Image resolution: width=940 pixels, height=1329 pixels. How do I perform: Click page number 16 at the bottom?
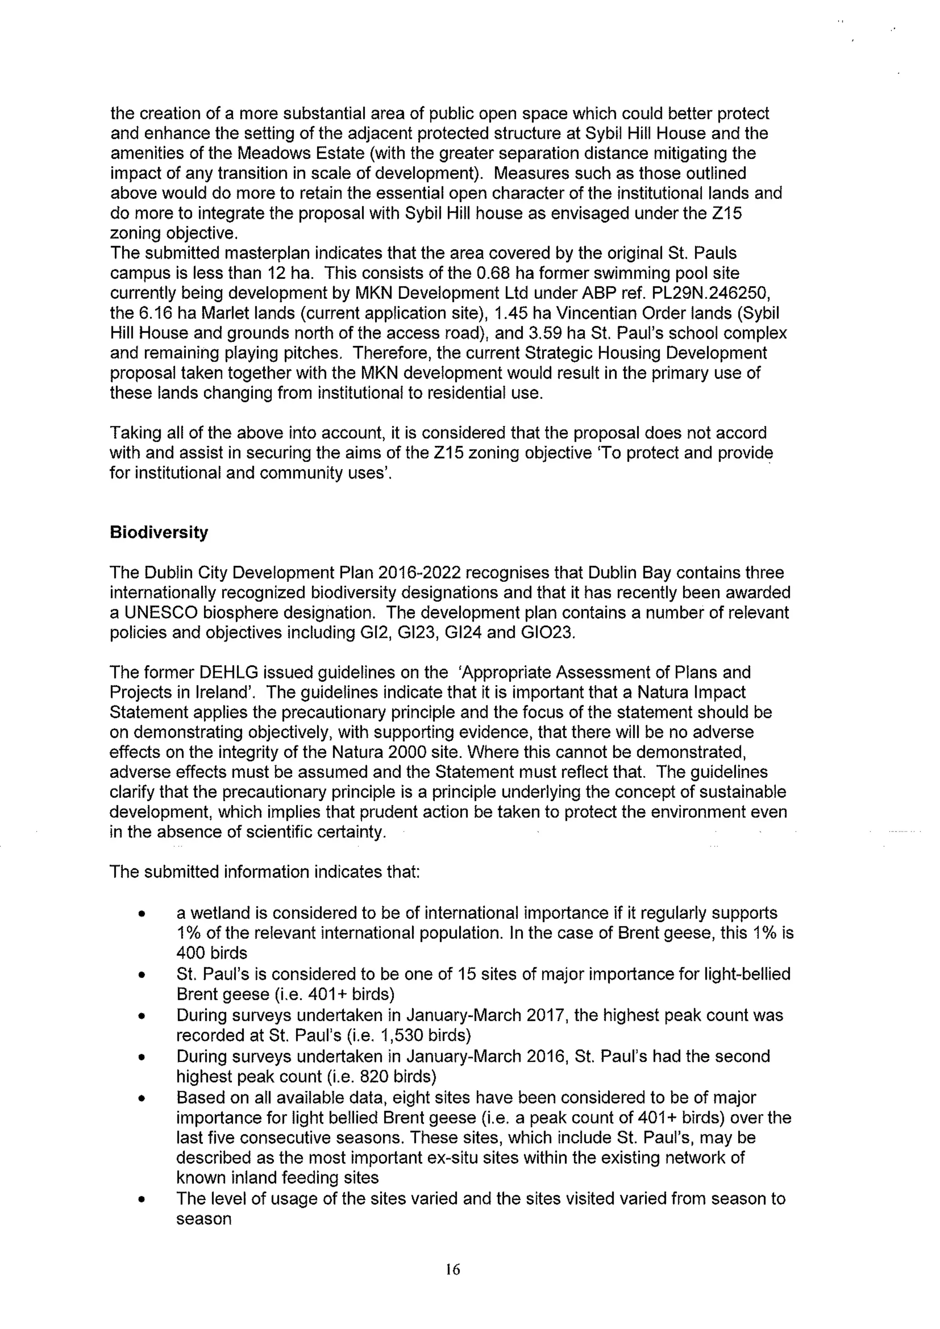[453, 1269]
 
